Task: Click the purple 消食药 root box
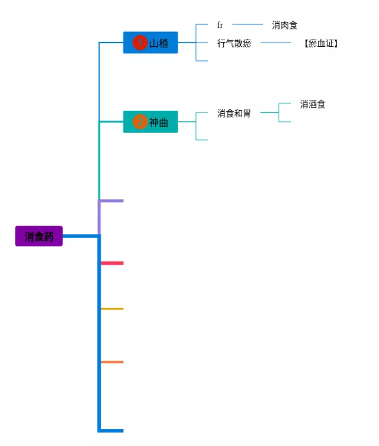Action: (39, 236)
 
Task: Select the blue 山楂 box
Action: (150, 43)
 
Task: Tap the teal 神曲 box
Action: (150, 122)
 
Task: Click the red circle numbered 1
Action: (140, 43)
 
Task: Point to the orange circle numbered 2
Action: (140, 122)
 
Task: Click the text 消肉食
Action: (285, 25)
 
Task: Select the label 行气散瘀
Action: (235, 43)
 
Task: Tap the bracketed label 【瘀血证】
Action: (321, 43)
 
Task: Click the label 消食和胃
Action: (234, 113)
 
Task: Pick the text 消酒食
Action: (313, 104)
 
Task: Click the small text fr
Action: (220, 25)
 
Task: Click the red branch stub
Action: (113, 263)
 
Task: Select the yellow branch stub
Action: (113, 309)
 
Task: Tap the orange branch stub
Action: (113, 362)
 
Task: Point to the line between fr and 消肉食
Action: (248, 24)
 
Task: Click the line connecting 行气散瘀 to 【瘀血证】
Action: (275, 43)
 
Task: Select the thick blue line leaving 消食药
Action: (80, 236)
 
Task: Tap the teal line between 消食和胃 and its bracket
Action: (269, 113)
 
